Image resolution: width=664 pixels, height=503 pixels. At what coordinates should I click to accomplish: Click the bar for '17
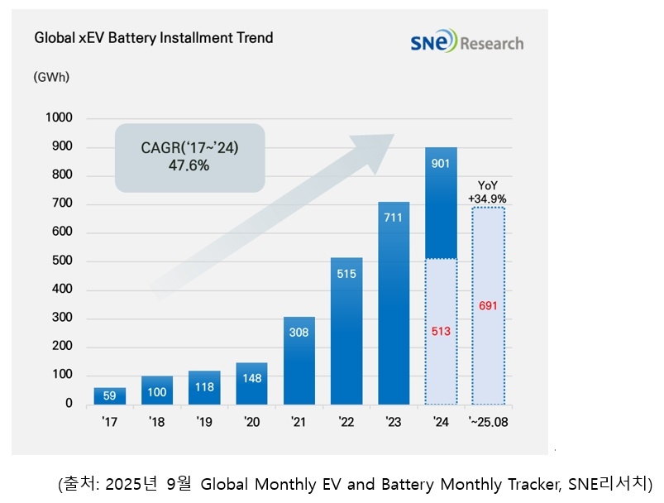[x=110, y=395]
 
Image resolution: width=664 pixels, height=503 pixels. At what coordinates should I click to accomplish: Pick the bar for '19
[x=204, y=387]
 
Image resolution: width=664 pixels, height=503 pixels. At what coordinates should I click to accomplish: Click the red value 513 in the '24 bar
[x=441, y=332]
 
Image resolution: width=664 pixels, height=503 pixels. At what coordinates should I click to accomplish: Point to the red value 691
[x=488, y=306]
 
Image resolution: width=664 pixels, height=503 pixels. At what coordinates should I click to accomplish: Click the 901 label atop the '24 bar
[x=441, y=164]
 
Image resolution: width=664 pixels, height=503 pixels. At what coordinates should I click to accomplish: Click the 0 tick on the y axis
[x=69, y=404]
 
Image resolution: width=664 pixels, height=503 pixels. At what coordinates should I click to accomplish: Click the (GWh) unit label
[x=51, y=78]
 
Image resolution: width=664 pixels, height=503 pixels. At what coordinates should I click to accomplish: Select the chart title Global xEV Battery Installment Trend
[x=154, y=38]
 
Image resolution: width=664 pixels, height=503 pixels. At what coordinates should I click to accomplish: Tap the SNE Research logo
[x=466, y=42]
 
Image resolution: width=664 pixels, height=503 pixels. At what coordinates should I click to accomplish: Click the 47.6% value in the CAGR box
[x=189, y=165]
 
